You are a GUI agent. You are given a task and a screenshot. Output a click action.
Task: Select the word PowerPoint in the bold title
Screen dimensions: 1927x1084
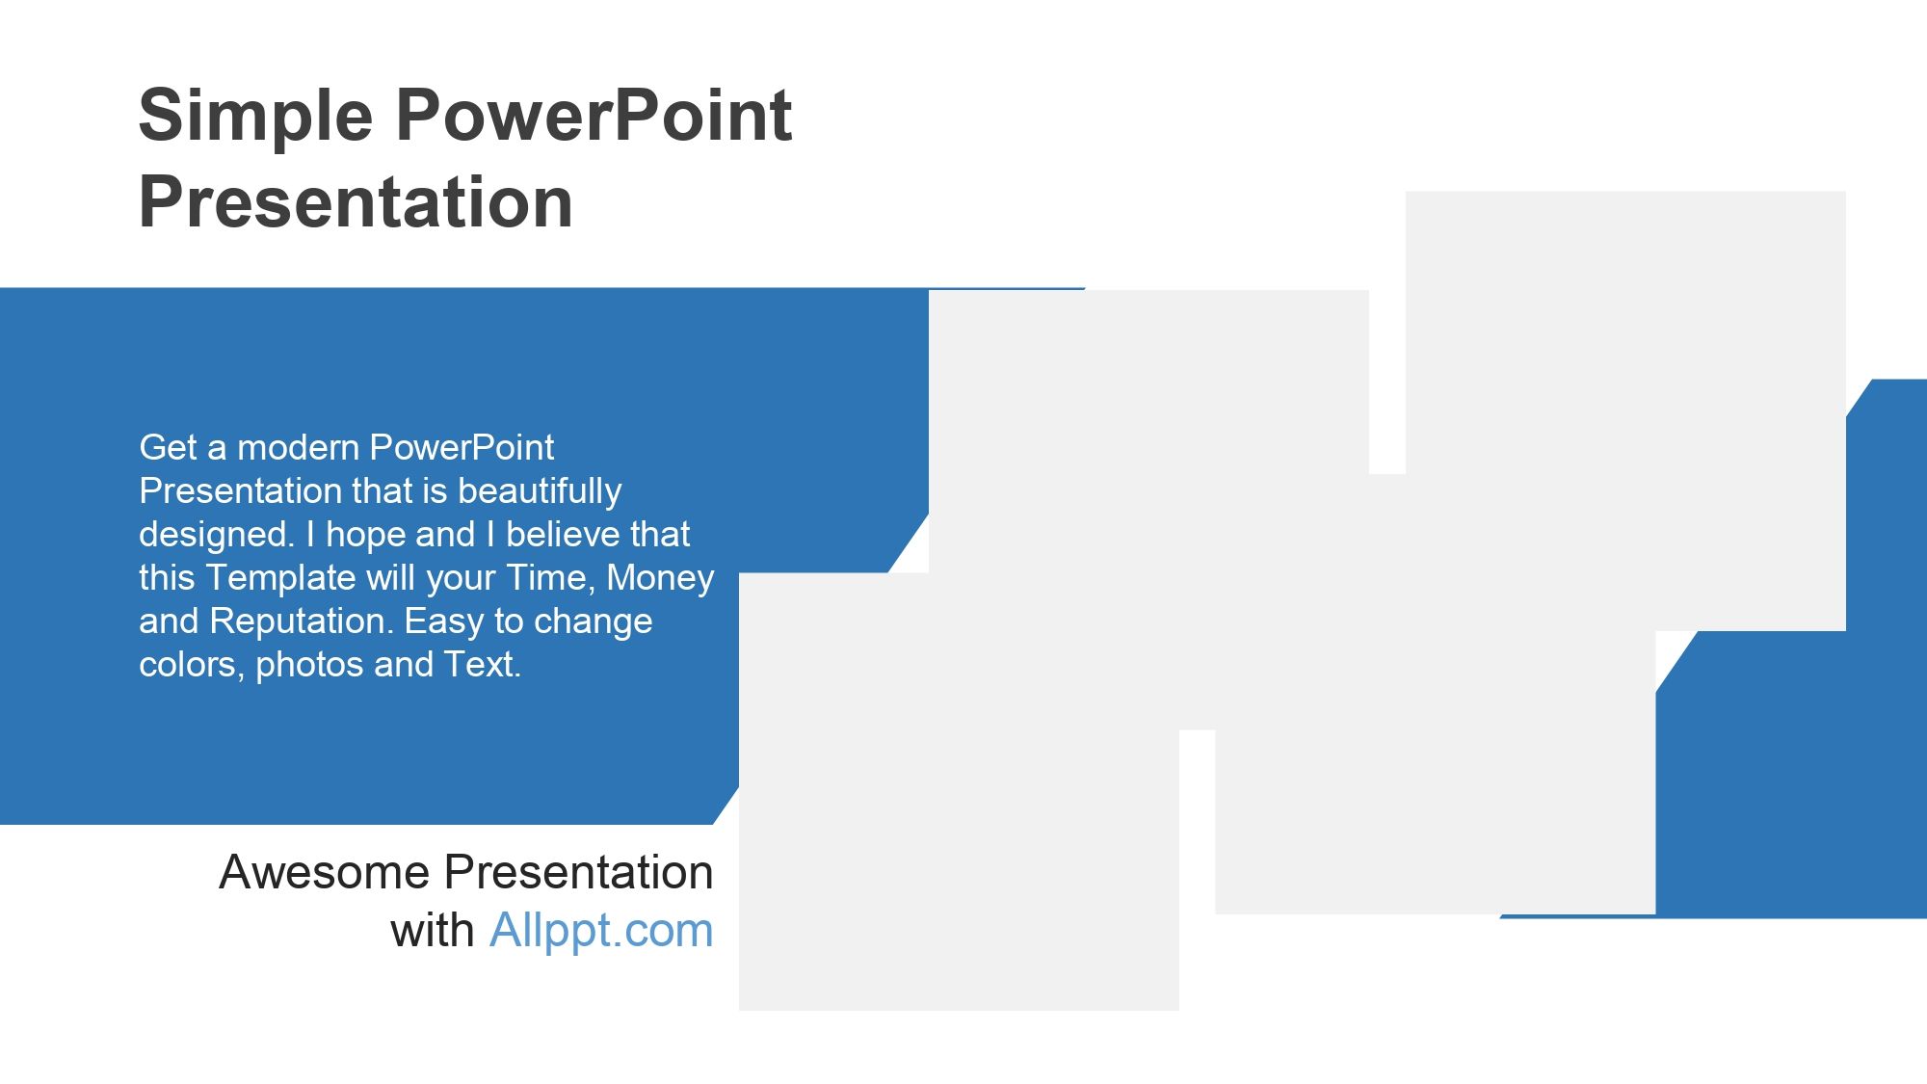pos(594,116)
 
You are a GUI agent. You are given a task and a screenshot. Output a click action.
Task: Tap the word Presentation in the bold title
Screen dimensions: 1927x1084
pos(356,202)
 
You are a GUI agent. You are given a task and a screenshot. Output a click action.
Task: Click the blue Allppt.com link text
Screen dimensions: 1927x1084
pos(601,932)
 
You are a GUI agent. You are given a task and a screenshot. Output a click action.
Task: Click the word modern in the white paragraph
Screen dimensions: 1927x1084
pos(299,448)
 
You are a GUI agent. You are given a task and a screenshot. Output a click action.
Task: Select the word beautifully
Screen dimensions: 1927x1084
pos(540,492)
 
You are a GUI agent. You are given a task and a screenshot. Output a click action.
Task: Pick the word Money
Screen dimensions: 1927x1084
pos(660,579)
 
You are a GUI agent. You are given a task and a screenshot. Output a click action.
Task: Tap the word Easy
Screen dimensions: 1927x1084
pos(444,622)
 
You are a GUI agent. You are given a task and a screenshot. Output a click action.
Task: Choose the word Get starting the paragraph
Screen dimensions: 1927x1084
pos(169,448)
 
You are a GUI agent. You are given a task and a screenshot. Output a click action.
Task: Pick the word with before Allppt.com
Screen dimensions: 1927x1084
pos(433,932)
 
